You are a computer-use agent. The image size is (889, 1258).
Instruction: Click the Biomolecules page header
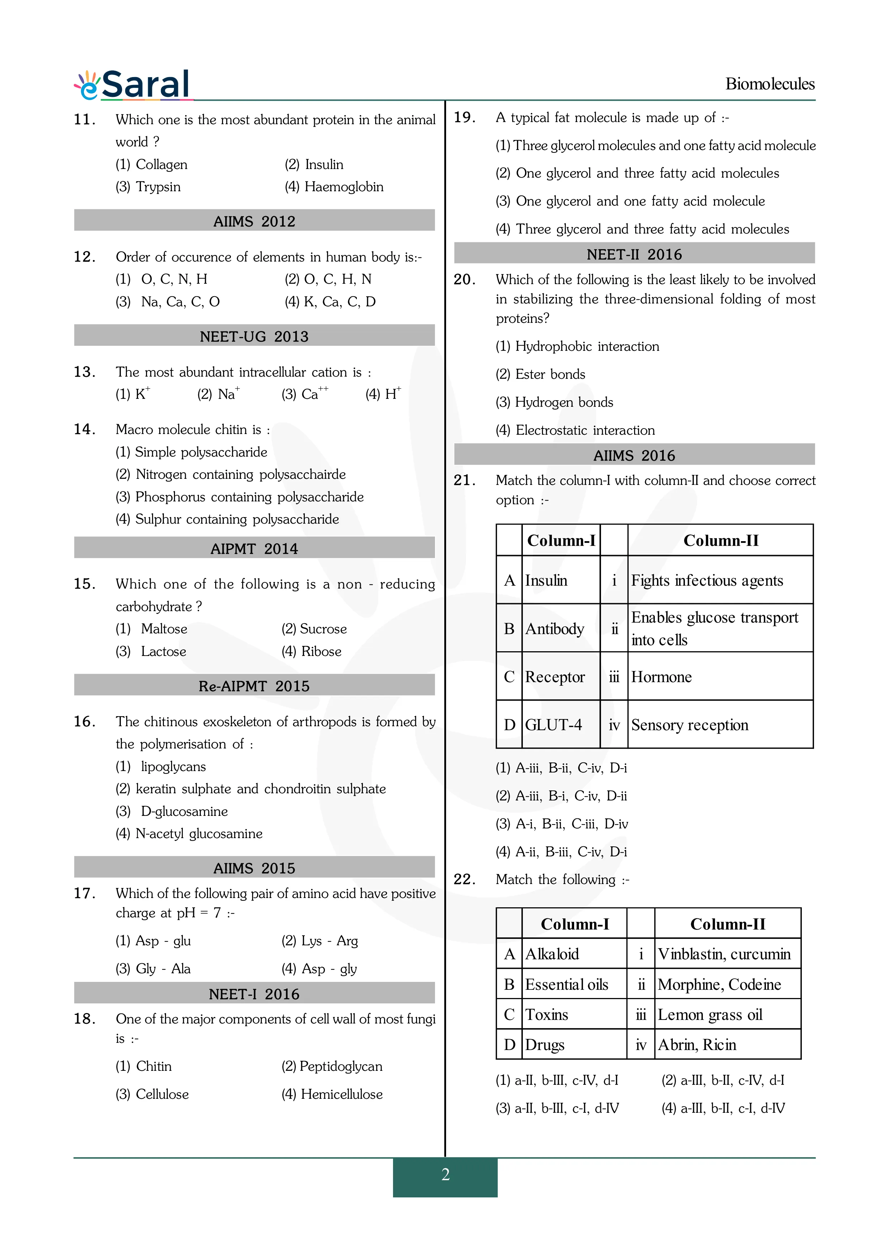770,84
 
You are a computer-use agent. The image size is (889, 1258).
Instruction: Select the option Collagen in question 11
152,164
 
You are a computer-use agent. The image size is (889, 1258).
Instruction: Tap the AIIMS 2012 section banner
254,221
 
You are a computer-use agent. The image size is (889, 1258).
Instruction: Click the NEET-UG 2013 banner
254,336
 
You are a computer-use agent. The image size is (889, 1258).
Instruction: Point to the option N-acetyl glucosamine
189,833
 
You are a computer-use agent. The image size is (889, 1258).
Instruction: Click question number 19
464,117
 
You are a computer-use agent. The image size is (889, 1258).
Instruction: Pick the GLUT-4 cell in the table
553,725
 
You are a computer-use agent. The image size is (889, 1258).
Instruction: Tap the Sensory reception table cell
690,725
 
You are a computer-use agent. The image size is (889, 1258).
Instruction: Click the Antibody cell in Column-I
554,628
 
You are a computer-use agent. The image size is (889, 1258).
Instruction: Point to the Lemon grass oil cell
710,1015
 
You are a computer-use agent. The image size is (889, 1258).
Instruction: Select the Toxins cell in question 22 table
546,1015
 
